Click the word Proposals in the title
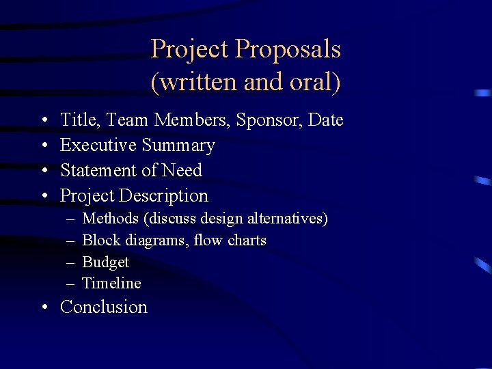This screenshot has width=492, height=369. (288, 49)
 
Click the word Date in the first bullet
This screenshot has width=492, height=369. (326, 120)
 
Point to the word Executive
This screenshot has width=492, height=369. (98, 146)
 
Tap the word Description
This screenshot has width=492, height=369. (163, 196)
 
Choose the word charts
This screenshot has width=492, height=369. (247, 241)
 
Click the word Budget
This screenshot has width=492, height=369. (105, 262)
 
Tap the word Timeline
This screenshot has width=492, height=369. (111, 283)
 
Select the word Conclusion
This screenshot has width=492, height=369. (104, 307)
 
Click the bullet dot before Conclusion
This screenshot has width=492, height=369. (44, 307)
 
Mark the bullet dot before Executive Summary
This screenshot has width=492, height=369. (44, 146)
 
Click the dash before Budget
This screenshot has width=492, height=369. (71, 262)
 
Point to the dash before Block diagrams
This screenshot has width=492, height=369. (71, 241)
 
